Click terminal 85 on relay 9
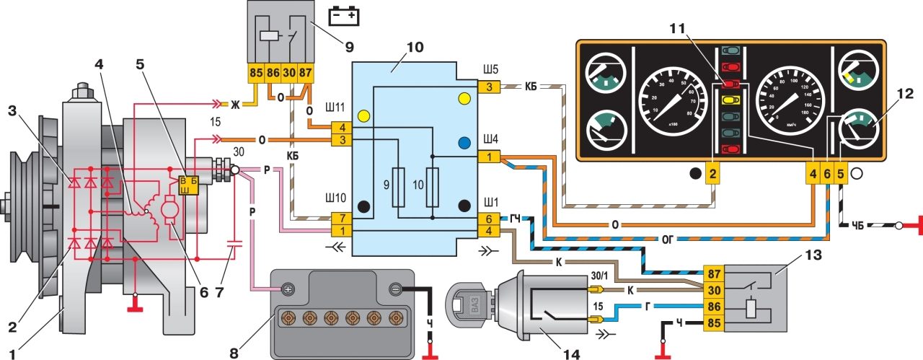pyautogui.click(x=255, y=73)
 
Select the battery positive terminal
pyautogui.click(x=288, y=289)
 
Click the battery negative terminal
pyautogui.click(x=395, y=289)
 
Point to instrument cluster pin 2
pyautogui.click(x=712, y=173)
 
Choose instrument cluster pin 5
pyautogui.click(x=841, y=173)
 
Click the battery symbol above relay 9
pyautogui.click(x=344, y=15)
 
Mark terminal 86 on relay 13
pyautogui.click(x=712, y=307)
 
